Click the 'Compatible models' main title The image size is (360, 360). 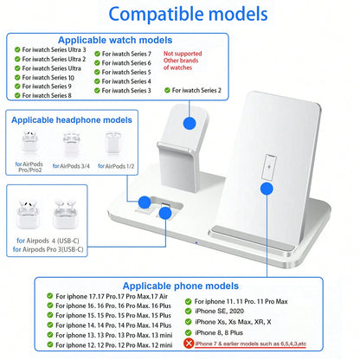pyautogui.click(x=188, y=14)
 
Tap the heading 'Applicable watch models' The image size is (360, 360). pyautogui.click(x=115, y=40)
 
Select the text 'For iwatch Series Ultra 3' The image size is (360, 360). pyautogui.click(x=54, y=49)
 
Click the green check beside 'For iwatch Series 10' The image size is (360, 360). pyautogui.click(x=17, y=77)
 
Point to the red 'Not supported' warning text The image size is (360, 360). pyautogui.click(x=183, y=54)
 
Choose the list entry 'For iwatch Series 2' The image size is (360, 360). pyautogui.click(x=196, y=90)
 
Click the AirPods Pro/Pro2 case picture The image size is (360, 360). pyautogui.click(x=29, y=143)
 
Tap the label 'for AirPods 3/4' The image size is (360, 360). pyautogui.click(x=71, y=166)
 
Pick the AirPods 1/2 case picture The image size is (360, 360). pyautogui.click(x=113, y=143)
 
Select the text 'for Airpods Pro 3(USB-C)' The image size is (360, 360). pyautogui.click(x=48, y=249)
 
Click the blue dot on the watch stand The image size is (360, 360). pyautogui.click(x=190, y=123)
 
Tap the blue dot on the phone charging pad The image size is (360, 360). pyautogui.click(x=267, y=189)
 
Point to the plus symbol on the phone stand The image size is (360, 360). pyautogui.click(x=269, y=167)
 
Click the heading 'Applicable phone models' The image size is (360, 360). pyautogui.click(x=181, y=286)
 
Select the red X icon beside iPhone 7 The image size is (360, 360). pyautogui.click(x=189, y=344)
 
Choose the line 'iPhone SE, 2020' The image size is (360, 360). pyautogui.click(x=219, y=311)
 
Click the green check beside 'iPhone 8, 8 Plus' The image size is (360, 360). pyautogui.click(x=189, y=332)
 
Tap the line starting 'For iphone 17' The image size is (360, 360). pyautogui.click(x=112, y=296)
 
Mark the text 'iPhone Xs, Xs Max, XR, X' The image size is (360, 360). pyautogui.click(x=233, y=322)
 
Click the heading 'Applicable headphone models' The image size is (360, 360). pyautogui.click(x=72, y=120)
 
